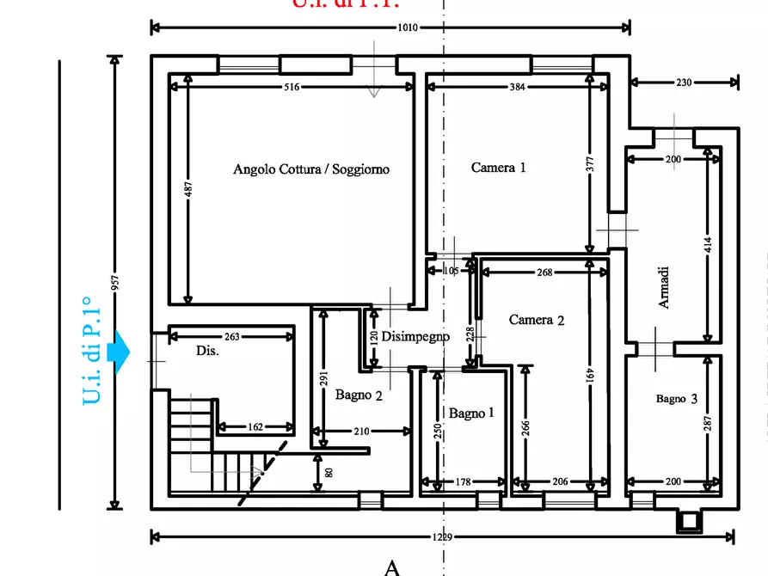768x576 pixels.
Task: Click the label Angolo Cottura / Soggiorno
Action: click(311, 169)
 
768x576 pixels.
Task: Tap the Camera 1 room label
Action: click(498, 168)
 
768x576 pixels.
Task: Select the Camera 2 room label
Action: click(537, 320)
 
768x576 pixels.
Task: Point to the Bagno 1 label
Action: click(471, 414)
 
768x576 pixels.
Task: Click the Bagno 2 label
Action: click(359, 395)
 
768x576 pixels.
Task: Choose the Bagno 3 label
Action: click(682, 399)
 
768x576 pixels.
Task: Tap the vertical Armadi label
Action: click(664, 287)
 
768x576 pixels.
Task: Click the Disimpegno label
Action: click(415, 337)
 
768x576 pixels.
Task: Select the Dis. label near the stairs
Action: click(207, 351)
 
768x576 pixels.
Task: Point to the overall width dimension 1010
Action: click(407, 28)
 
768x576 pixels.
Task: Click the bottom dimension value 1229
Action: click(443, 537)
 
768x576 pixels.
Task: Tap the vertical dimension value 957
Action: click(114, 284)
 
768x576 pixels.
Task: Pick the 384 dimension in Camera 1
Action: click(517, 88)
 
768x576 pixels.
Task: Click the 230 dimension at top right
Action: click(684, 83)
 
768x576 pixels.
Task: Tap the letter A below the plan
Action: click(392, 567)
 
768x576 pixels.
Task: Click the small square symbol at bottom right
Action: click(688, 520)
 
